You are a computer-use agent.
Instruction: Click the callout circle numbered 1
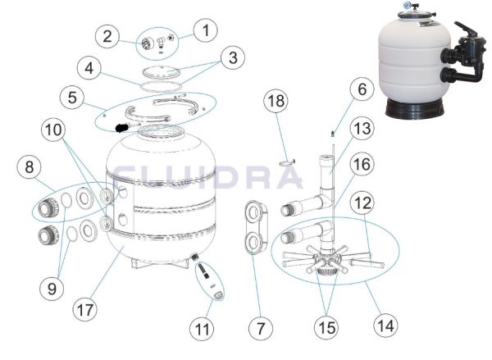(x=206, y=30)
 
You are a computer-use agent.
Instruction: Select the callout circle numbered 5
(x=72, y=97)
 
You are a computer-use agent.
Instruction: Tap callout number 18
(x=276, y=101)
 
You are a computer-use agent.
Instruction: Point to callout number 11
(x=202, y=329)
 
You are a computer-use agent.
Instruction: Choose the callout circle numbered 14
(x=385, y=326)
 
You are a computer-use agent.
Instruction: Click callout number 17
(x=85, y=309)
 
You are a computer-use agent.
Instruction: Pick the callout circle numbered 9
(x=52, y=288)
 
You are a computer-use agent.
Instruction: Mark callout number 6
(x=362, y=89)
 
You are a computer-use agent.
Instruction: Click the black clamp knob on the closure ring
(x=121, y=127)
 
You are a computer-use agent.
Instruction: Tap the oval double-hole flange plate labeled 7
(x=256, y=227)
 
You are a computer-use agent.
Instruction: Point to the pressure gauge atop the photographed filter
(x=408, y=5)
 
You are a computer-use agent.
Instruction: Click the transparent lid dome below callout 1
(x=162, y=71)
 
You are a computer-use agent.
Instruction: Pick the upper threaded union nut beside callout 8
(x=48, y=207)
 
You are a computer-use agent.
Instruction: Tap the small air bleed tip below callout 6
(x=333, y=134)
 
